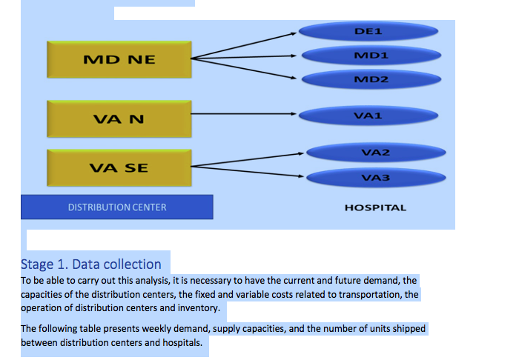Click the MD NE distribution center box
pos(119,59)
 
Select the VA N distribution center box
pos(119,119)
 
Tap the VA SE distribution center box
pos(119,167)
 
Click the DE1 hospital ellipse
pos(368,31)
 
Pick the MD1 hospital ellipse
pos(371,56)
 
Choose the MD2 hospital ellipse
pos(371,79)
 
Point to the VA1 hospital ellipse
pos(368,116)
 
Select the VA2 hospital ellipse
pos(376,153)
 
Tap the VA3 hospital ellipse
pos(376,178)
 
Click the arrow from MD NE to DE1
pos(244,46)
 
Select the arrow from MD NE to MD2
pos(244,68)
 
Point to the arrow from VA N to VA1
pos(244,114)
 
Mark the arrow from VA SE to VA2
pos(247,160)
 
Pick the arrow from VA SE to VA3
pos(247,171)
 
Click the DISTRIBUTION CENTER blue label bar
pos(117,207)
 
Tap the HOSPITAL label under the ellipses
pos(375,207)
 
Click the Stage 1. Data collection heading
pos(91,264)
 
